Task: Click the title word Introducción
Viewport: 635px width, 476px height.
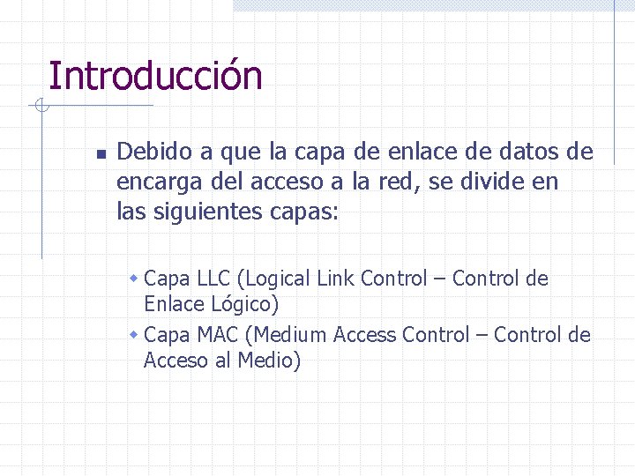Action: click(155, 77)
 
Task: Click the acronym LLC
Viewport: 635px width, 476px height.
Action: click(212, 279)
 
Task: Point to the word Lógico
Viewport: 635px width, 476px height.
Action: click(245, 305)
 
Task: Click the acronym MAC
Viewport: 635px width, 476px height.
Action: click(217, 335)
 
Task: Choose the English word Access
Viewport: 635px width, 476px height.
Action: click(365, 335)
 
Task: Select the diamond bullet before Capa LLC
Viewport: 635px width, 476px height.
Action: click(134, 279)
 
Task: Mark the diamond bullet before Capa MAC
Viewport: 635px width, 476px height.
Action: click(134, 335)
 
